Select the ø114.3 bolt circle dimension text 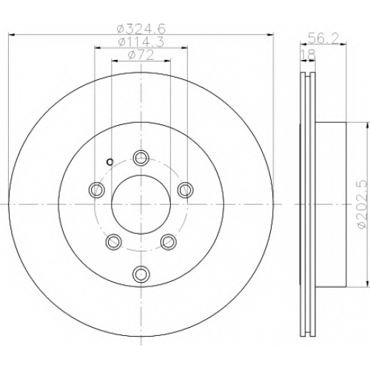(141, 42)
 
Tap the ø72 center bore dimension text (141, 55)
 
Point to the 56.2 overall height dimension (323, 38)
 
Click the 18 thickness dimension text (308, 55)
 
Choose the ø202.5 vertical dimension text (363, 204)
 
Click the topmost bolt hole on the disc (141, 158)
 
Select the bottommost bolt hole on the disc (141, 273)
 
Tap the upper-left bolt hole (96, 190)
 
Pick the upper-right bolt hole (186, 190)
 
